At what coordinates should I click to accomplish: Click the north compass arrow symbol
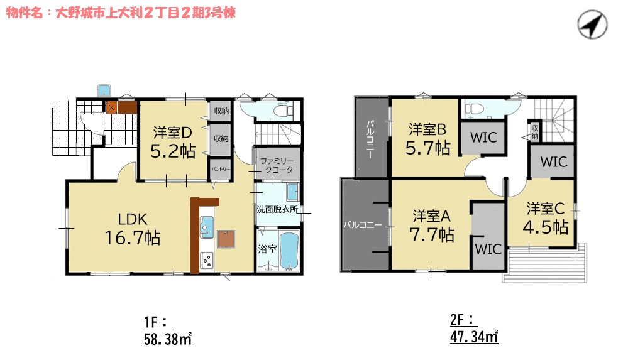point(592,24)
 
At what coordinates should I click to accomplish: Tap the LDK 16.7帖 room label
point(133,229)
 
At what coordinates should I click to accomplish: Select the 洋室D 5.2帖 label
point(173,142)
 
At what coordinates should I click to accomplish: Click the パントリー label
point(221,169)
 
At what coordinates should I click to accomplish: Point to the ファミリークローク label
point(277,165)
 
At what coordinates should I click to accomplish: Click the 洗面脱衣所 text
point(277,209)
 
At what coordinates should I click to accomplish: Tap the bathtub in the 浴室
point(289,251)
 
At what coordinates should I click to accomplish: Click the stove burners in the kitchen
point(207,261)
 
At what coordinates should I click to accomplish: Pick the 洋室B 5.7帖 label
point(427,139)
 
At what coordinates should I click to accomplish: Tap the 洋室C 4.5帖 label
point(546,218)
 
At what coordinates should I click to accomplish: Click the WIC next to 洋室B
point(483,138)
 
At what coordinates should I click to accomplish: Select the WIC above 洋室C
point(554,161)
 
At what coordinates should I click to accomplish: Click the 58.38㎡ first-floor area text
point(168,339)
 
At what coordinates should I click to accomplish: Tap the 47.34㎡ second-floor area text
point(474,337)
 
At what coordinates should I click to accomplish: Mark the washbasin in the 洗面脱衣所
point(293,192)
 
